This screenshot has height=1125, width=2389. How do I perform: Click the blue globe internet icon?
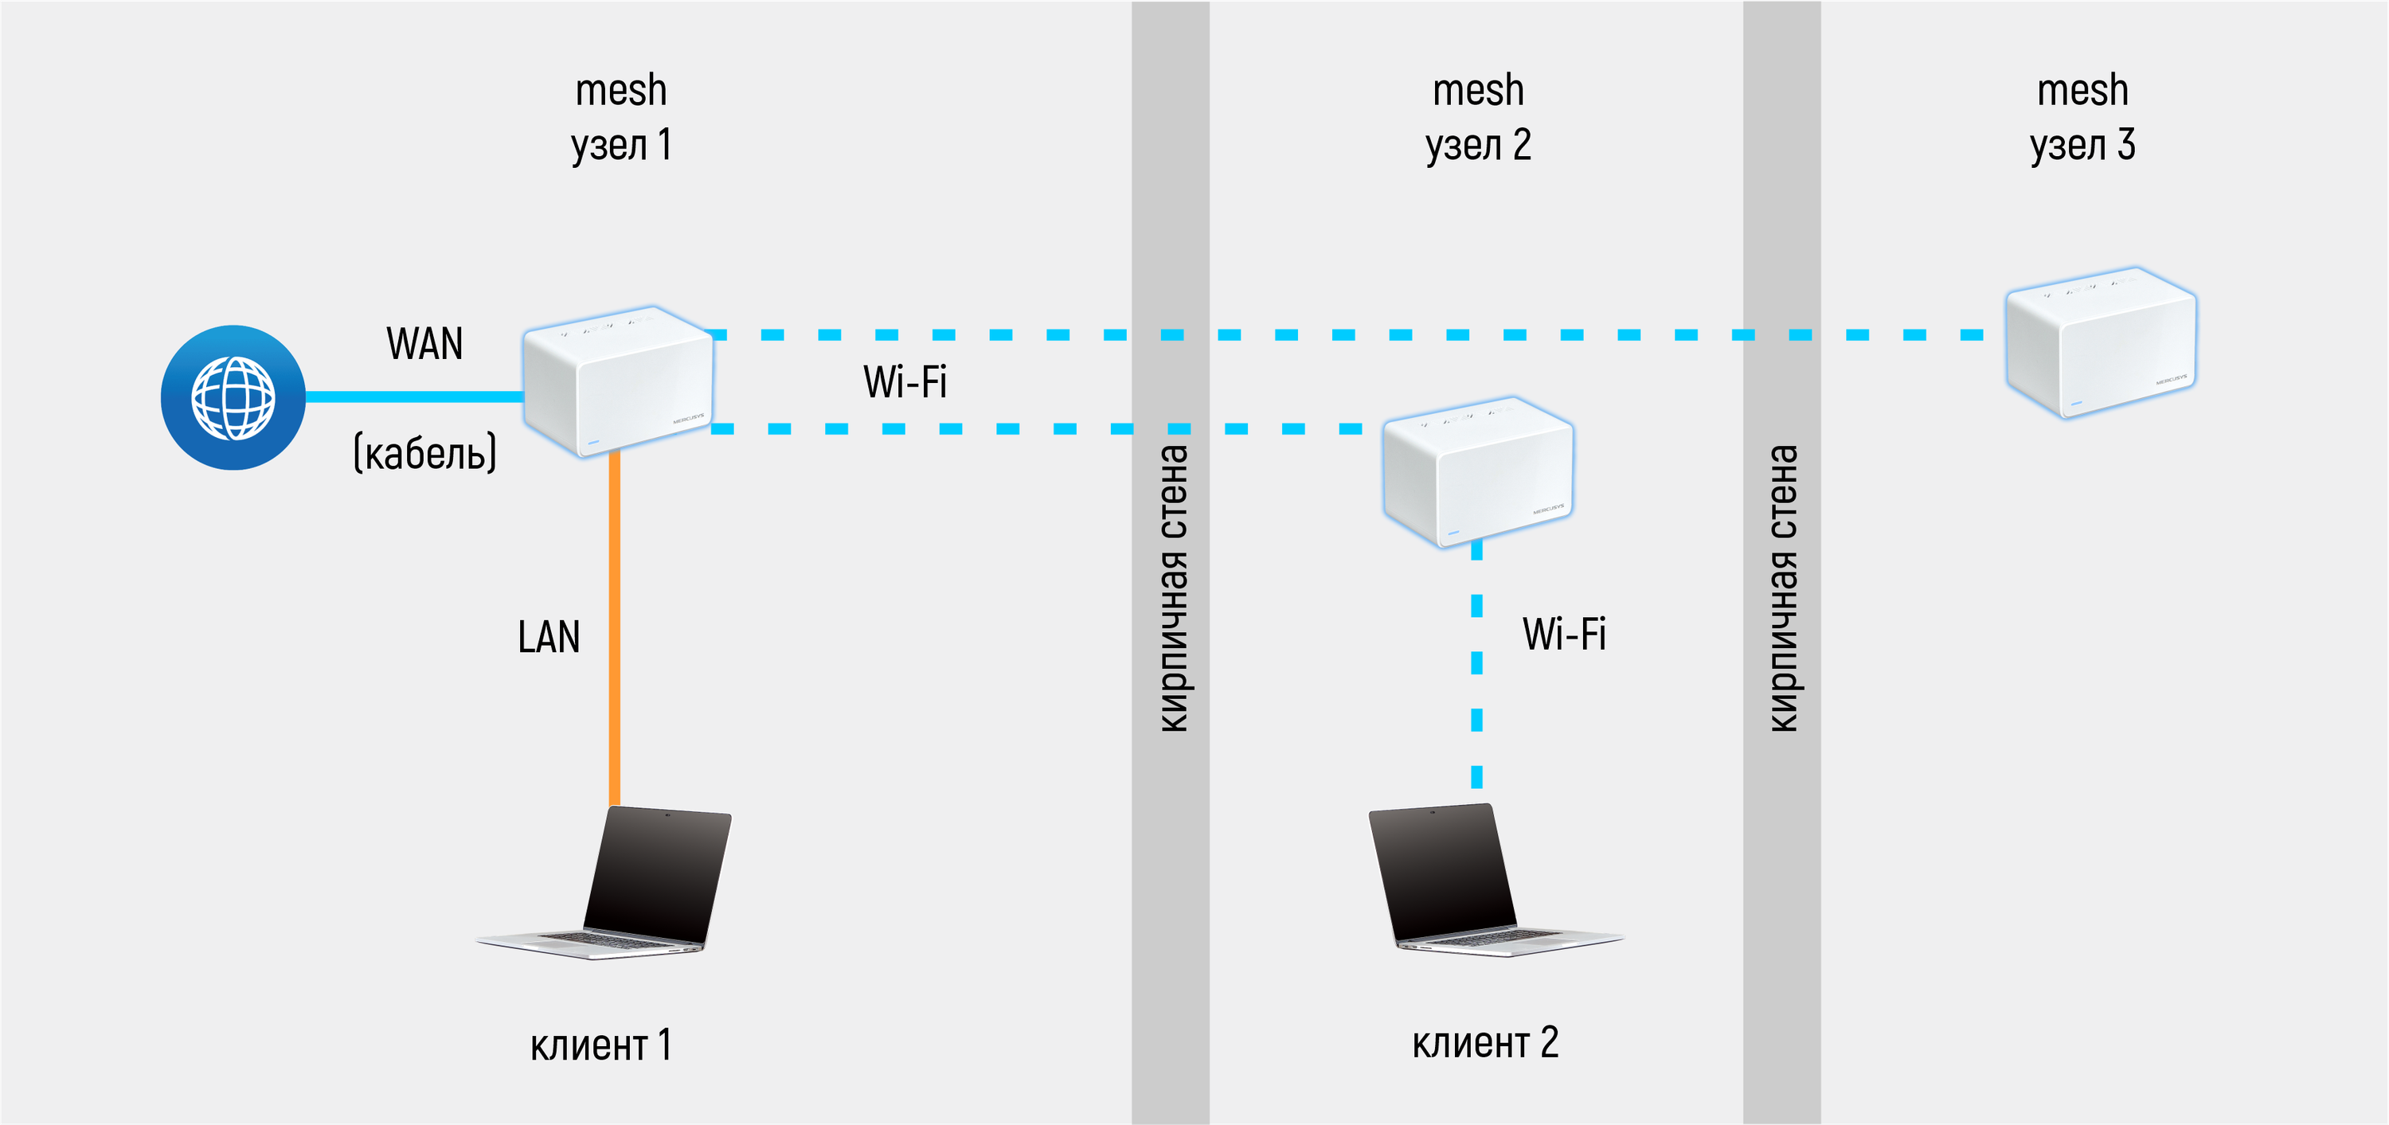pyautogui.click(x=233, y=397)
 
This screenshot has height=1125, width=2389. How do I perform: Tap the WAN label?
pyautogui.click(x=424, y=344)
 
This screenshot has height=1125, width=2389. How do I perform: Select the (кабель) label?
pyautogui.click(x=424, y=452)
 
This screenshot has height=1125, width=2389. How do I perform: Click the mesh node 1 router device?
pyautogui.click(x=619, y=381)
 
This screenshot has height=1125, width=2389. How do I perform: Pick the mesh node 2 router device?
pyautogui.click(x=1477, y=472)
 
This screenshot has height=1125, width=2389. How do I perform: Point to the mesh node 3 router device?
pyautogui.click(x=2101, y=342)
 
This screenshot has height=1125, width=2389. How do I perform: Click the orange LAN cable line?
pyautogui.click(x=614, y=631)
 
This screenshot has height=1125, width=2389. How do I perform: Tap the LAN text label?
pyautogui.click(x=549, y=637)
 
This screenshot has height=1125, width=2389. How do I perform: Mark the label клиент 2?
pyautogui.click(x=1485, y=1043)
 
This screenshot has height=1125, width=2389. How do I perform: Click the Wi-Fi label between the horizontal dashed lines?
pyautogui.click(x=905, y=382)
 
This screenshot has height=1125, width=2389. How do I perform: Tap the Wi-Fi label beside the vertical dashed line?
pyautogui.click(x=1565, y=635)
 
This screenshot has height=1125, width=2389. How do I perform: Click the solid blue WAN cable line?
pyautogui.click(x=415, y=397)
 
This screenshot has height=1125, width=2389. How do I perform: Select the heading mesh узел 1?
pyautogui.click(x=621, y=118)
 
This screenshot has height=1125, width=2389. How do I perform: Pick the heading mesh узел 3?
pyautogui.click(x=2082, y=118)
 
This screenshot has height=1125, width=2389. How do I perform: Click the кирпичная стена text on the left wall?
pyautogui.click(x=1173, y=589)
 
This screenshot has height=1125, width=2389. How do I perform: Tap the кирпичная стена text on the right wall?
pyautogui.click(x=1782, y=589)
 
